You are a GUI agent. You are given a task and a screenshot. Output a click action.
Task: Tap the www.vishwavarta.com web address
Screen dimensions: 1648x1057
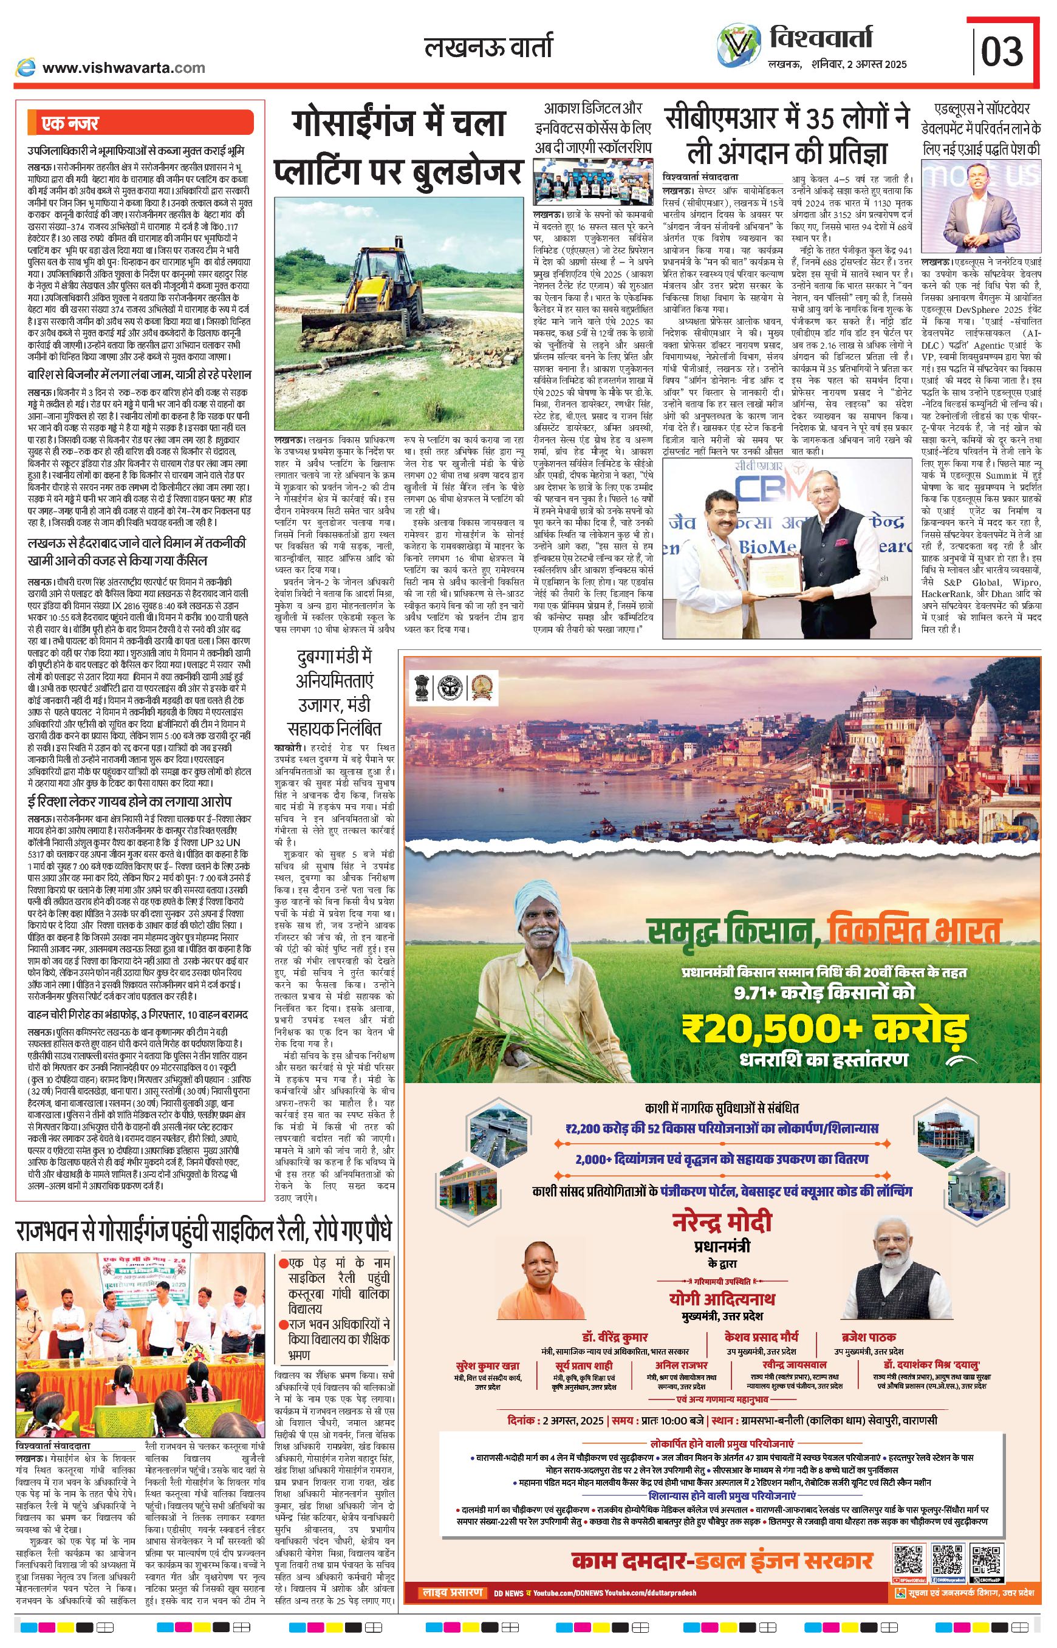(x=123, y=67)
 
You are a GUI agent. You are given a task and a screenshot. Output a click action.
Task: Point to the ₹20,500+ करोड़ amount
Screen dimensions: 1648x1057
(x=824, y=1030)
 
